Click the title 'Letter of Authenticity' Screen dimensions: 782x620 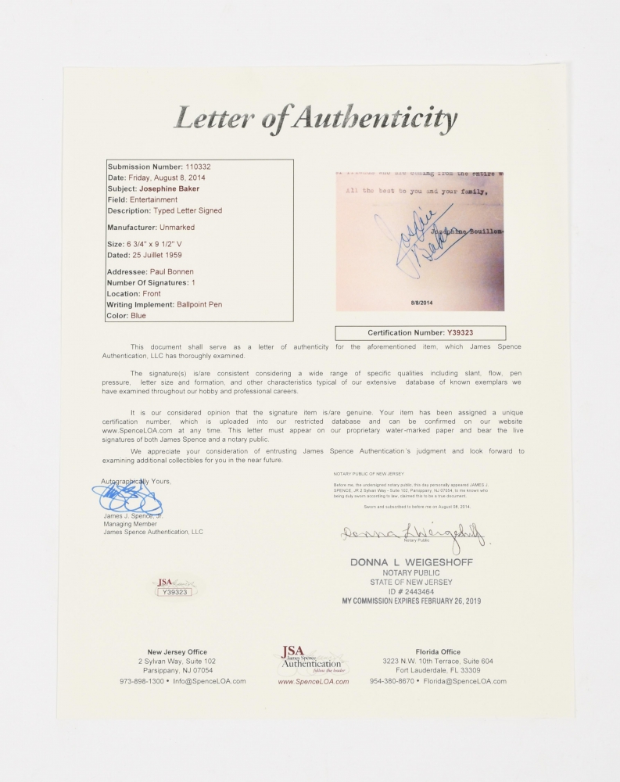tap(315, 119)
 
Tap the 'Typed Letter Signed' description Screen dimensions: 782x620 tap(185, 210)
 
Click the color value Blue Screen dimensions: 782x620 tap(138, 316)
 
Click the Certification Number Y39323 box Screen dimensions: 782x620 tap(420, 332)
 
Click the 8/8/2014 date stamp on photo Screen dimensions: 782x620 tap(420, 300)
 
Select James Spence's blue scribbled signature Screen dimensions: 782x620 tap(127, 497)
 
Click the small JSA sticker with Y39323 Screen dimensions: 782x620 tap(174, 586)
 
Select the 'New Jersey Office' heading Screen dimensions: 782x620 tap(177, 651)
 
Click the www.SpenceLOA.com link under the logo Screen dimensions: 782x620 tap(313, 682)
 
